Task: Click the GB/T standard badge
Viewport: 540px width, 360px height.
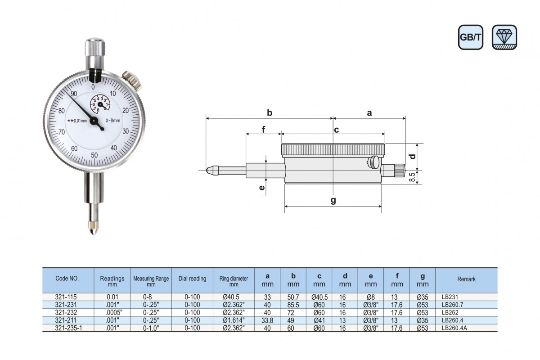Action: tap(471, 37)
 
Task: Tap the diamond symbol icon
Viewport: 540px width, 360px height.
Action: tap(504, 37)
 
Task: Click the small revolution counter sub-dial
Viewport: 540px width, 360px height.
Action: tap(100, 104)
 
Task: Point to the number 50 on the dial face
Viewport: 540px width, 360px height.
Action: tap(94, 155)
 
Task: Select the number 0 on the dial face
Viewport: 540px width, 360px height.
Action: tap(93, 87)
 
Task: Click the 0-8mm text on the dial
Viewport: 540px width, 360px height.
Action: tap(113, 121)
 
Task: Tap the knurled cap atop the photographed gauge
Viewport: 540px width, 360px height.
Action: tap(95, 47)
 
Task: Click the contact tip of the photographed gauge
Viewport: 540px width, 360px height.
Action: tap(94, 228)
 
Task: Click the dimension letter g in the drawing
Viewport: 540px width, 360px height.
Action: tap(333, 200)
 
